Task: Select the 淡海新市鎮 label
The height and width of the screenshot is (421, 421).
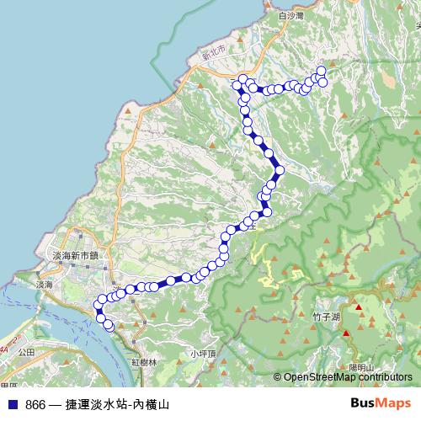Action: coord(75,255)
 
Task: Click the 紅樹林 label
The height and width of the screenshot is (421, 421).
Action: coord(144,361)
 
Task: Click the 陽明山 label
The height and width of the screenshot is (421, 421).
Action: coord(361,367)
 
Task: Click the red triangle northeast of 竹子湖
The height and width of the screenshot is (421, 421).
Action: coord(358,306)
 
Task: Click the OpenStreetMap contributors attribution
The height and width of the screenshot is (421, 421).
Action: coord(349,377)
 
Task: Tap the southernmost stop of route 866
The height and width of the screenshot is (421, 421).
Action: coord(109,327)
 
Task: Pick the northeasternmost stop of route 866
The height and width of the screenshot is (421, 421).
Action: coord(321,70)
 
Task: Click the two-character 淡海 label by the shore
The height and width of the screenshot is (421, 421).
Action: coord(40,286)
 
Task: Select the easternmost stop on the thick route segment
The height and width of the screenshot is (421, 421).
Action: coord(280,171)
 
